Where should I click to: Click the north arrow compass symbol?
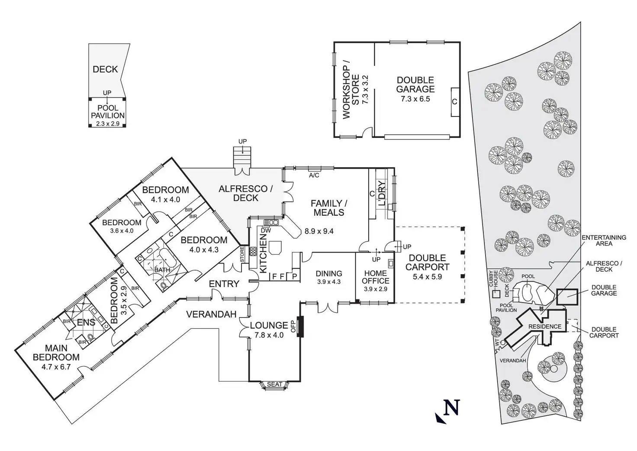pos(448,410)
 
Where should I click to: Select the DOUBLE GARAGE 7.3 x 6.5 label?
pos(415,89)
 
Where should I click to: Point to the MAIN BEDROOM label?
pos(56,353)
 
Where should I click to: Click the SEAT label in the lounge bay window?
pos(274,384)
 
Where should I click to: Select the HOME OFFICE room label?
pos(375,277)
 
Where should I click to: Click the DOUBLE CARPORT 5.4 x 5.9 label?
pos(427,263)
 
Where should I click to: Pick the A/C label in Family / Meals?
pos(314,175)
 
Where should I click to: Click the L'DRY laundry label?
pos(382,193)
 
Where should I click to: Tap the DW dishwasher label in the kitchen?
pos(266,230)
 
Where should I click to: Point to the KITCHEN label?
pos(263,251)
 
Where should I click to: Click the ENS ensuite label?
pos(86,323)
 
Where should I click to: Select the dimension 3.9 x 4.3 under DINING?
pos(328,282)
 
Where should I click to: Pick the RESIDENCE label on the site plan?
pos(545,326)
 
